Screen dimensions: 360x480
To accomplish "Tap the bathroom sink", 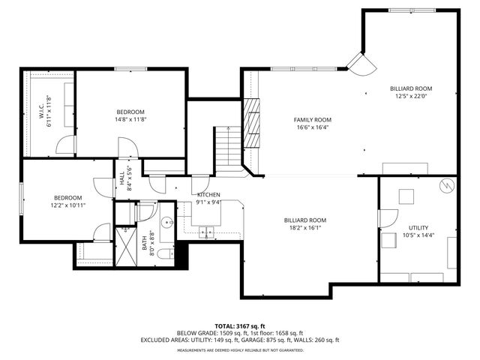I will pos(168,223).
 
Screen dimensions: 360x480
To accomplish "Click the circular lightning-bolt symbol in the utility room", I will pos(446,184).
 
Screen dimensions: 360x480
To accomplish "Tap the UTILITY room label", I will pos(418,227).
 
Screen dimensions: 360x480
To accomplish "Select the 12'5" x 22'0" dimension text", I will pos(410,96).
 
